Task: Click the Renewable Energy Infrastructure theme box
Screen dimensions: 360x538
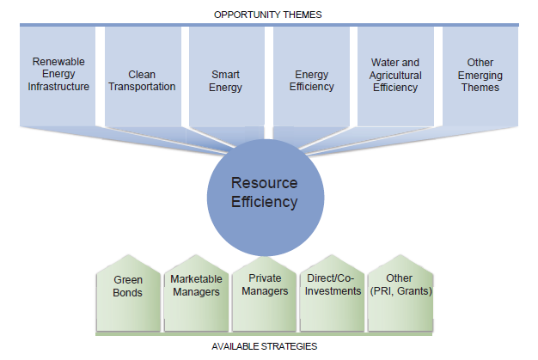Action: pos(60,76)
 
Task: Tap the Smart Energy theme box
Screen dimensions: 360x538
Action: pos(227,76)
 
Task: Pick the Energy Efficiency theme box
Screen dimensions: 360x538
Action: pos(311,76)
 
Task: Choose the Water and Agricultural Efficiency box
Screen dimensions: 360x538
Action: pos(394,76)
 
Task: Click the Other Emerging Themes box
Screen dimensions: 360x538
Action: pos(480,76)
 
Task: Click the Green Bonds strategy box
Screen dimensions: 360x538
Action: pos(128,292)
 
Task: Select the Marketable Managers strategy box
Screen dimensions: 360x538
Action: pos(196,292)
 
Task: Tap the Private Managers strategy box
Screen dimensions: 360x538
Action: pos(264,292)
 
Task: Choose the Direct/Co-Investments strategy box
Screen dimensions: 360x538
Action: pos(333,292)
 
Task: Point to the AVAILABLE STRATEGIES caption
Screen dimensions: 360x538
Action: pos(265,346)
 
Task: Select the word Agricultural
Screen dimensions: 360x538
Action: pos(394,75)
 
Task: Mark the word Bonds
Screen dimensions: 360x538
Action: pos(128,292)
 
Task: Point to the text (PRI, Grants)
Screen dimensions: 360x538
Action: pos(400,292)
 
